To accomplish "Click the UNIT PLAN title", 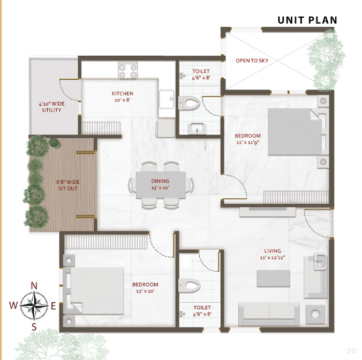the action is pyautogui.click(x=307, y=20).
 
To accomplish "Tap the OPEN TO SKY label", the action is pyautogui.click(x=252, y=61).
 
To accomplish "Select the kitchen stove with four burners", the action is pyautogui.click(x=127, y=70).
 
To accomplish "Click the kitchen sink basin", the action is pyautogui.click(x=167, y=99).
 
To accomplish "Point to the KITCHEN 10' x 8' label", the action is pyautogui.click(x=122, y=97).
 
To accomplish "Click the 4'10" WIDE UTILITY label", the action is pyautogui.click(x=52, y=107).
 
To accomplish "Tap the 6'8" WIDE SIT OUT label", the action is pyautogui.click(x=68, y=185).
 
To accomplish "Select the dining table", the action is pyautogui.click(x=161, y=185).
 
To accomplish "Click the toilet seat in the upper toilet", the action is pyautogui.click(x=189, y=102).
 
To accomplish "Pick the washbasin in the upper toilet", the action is pyautogui.click(x=197, y=129).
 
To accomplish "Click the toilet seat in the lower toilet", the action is pyautogui.click(x=189, y=285).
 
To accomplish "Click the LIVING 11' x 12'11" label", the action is pyautogui.click(x=273, y=254).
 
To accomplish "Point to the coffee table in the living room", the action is pyautogui.click(x=273, y=278).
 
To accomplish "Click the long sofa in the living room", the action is pyautogui.click(x=269, y=314).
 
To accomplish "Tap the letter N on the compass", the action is pyautogui.click(x=34, y=286).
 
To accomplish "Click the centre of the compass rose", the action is pyautogui.click(x=34, y=306).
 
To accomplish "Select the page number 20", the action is pyautogui.click(x=351, y=351).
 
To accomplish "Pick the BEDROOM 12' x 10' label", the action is pyautogui.click(x=145, y=288).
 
